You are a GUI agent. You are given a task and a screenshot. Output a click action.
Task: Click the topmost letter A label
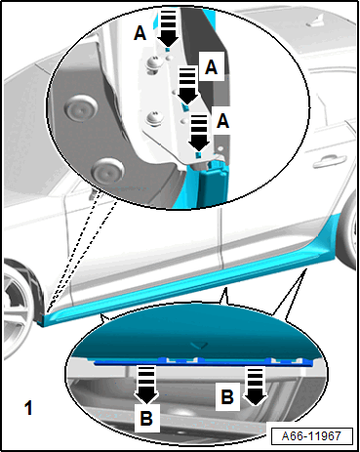coord(140,33)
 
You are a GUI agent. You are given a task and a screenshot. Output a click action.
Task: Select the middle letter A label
coord(212,67)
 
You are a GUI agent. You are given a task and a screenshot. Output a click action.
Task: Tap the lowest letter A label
coord(222,121)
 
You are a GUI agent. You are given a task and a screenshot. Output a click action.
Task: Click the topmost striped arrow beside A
coord(168,27)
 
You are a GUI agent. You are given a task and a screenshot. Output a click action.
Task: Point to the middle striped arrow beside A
coord(187,85)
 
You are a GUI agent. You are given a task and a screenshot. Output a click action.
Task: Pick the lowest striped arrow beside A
coord(199,133)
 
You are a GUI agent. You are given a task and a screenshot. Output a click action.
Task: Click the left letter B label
coord(146,418)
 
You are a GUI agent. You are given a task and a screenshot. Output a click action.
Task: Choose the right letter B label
coord(227,397)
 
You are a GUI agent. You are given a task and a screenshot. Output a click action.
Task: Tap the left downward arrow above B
coord(146,385)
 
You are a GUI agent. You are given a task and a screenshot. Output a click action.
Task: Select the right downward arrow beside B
coord(256,387)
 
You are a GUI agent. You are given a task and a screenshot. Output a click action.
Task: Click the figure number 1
coord(29,408)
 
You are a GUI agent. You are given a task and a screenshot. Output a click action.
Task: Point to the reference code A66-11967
coord(311,435)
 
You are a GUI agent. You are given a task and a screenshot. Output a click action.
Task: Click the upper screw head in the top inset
coord(153,63)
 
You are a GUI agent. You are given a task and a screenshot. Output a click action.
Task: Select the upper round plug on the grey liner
coord(81,107)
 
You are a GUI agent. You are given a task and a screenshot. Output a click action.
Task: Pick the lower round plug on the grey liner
coord(107,171)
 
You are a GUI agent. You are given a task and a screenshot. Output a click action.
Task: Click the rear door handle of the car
coord(329,161)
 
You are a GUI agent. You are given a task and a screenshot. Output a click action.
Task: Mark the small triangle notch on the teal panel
coord(199,345)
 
